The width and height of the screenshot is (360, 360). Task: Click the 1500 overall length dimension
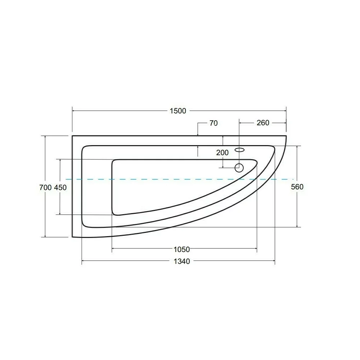click(178, 111)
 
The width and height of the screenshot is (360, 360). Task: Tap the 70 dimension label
click(213, 123)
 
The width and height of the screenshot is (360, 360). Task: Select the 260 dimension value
click(263, 123)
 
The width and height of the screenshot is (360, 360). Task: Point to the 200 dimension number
click(222, 153)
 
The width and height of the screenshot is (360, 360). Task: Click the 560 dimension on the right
click(298, 186)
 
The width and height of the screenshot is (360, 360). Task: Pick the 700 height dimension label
click(45, 187)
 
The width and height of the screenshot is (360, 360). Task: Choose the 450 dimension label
click(60, 187)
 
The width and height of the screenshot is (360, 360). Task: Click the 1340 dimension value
click(181, 261)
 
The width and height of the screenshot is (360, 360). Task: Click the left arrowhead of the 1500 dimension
click(74, 111)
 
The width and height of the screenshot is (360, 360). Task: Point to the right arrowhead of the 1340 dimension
click(273, 261)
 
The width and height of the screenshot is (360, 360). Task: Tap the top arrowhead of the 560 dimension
click(297, 148)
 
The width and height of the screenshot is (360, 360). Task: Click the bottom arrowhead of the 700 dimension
click(45, 235)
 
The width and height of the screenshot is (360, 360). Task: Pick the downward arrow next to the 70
click(198, 134)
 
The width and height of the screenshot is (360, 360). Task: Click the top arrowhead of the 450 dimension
click(60, 161)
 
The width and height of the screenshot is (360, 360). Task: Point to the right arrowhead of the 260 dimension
click(284, 123)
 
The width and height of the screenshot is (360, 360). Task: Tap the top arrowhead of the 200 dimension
click(223, 138)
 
